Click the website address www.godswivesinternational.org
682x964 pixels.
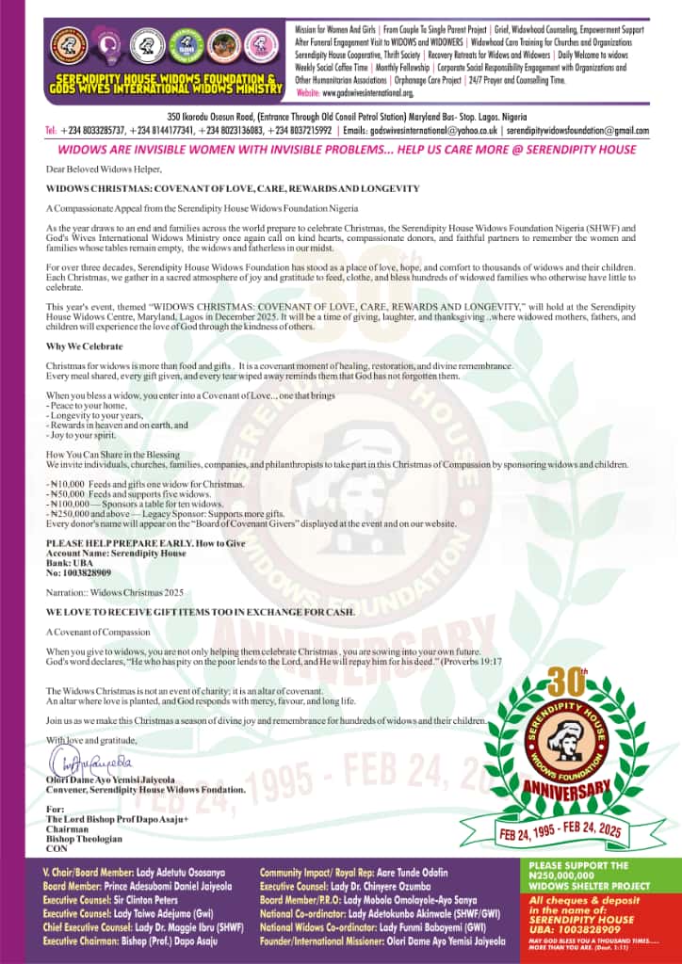point(368,94)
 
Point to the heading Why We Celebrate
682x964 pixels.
point(80,347)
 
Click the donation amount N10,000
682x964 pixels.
point(68,484)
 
